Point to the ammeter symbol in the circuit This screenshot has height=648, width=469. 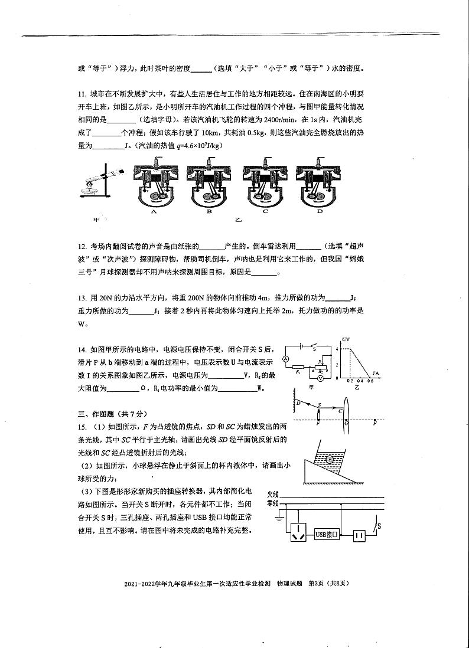pos(286,359)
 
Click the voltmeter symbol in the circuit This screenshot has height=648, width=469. pos(320,378)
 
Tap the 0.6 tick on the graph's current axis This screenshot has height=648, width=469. pos(371,382)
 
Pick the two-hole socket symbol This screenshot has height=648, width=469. pos(360,534)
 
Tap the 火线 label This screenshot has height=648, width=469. pos(272,494)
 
